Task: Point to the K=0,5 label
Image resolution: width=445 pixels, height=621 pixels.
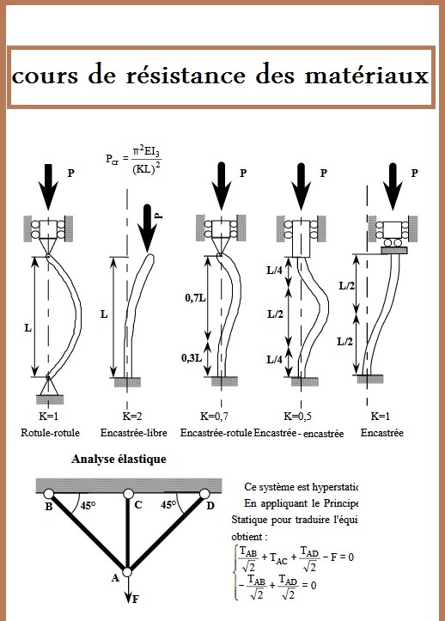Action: click(x=306, y=416)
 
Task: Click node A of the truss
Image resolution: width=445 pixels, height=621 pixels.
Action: click(x=127, y=571)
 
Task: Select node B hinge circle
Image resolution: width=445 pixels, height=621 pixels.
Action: click(x=50, y=495)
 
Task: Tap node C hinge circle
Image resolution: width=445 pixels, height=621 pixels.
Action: click(x=127, y=495)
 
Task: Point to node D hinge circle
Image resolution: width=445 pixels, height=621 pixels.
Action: click(x=204, y=495)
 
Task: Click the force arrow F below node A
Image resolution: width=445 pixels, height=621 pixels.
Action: click(x=127, y=592)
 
